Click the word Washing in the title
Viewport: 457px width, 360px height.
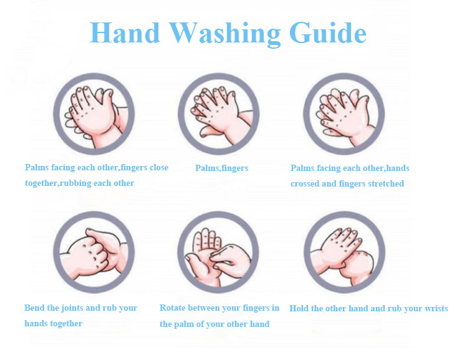click(224, 34)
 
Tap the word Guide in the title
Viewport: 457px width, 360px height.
click(328, 32)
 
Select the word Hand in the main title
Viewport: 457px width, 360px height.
click(125, 32)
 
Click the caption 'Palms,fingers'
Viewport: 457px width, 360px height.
click(221, 168)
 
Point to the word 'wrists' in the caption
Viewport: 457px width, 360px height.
click(436, 308)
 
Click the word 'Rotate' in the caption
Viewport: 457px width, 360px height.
click(173, 308)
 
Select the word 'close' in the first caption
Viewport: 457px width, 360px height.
click(159, 167)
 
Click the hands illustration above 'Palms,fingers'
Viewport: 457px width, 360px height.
click(219, 114)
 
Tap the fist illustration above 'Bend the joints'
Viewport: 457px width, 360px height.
click(94, 252)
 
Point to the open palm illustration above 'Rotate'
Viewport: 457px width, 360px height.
click(218, 252)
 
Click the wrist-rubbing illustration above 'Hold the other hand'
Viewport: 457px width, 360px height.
click(344, 252)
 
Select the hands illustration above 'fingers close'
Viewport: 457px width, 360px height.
click(94, 114)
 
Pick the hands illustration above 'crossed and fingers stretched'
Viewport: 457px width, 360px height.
click(344, 114)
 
